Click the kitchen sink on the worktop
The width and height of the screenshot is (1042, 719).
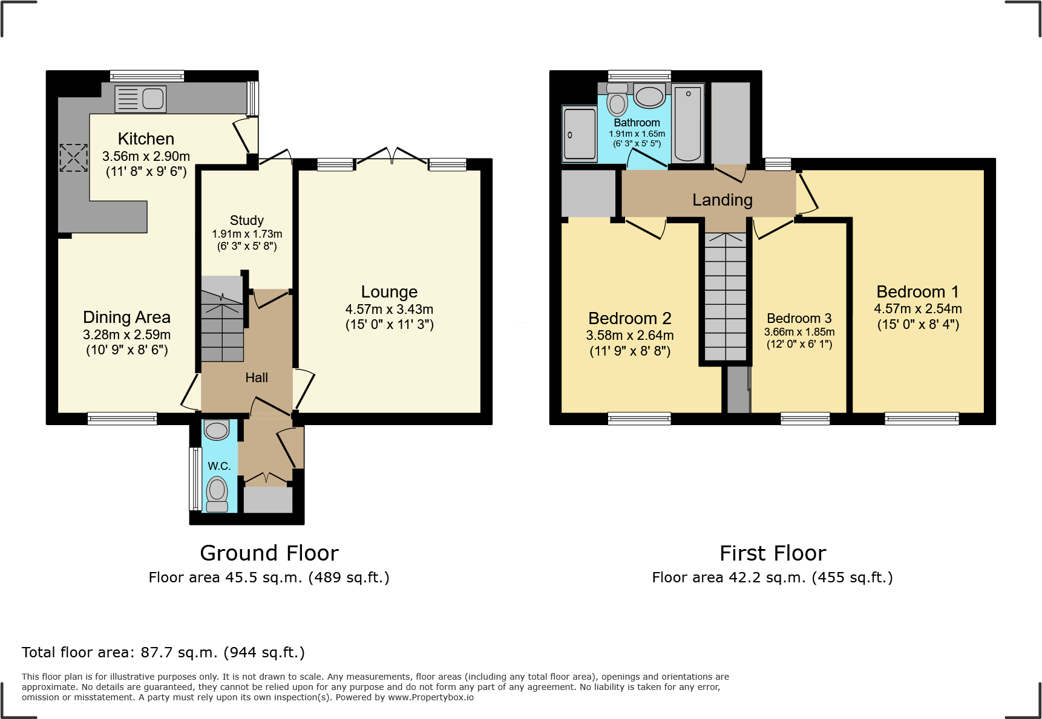[x=140, y=99]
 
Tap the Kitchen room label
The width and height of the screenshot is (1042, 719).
[x=146, y=139]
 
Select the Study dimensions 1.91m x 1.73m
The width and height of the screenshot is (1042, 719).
[x=247, y=234]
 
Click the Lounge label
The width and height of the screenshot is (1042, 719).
[x=389, y=292]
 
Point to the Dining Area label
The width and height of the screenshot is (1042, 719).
[x=126, y=317]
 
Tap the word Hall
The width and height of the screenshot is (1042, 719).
[x=257, y=378]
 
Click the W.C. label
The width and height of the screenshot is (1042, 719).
[x=219, y=466]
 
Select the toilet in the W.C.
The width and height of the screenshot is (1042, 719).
[x=217, y=494]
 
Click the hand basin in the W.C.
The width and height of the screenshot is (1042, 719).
[x=217, y=430]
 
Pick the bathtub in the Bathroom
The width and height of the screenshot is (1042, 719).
[x=687, y=123]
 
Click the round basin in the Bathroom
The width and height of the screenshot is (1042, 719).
[x=649, y=96]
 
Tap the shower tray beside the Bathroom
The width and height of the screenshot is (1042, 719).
[x=580, y=134]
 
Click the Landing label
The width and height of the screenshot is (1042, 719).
[x=723, y=200]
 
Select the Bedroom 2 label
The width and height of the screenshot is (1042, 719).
[x=630, y=319]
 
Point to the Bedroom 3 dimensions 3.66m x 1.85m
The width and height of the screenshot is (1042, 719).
[x=799, y=332]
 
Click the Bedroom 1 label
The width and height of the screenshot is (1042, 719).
[x=918, y=292]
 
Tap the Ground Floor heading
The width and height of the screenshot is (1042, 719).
[x=269, y=553]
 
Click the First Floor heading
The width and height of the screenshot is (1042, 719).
[x=773, y=553]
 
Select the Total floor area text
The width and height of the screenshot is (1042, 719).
[x=163, y=652]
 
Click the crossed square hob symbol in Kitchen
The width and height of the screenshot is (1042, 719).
[x=73, y=158]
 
